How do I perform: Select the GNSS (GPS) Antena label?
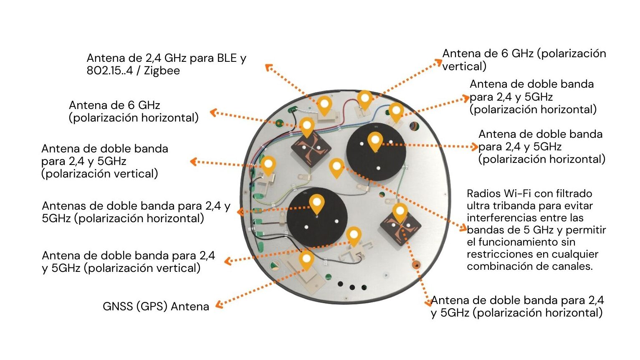[156, 307]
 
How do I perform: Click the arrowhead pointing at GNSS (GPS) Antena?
[219, 306]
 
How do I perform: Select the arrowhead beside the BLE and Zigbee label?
[268, 67]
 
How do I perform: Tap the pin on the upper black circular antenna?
[375, 141]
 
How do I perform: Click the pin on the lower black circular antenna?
[317, 203]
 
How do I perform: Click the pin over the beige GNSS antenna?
[306, 259]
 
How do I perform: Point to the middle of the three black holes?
[352, 287]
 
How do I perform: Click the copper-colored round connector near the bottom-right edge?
[416, 264]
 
